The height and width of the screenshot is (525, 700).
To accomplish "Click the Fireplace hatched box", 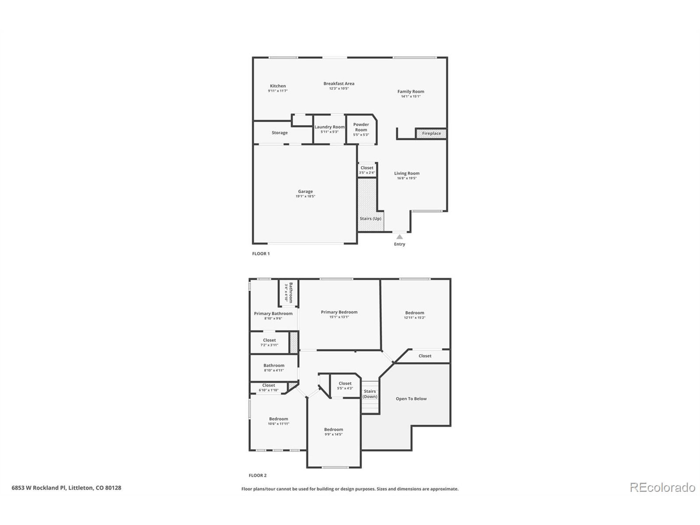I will [431, 133].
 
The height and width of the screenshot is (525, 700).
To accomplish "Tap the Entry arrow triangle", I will [400, 237].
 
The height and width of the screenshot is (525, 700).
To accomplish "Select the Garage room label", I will [305, 191].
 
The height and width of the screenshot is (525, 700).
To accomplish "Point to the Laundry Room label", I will [329, 127].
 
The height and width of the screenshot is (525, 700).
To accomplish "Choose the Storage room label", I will [279, 133].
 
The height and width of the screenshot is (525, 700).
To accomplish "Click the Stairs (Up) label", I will [370, 219].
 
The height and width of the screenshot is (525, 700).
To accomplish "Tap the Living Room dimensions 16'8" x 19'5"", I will [407, 178].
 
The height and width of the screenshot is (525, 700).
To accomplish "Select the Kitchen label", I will [278, 86].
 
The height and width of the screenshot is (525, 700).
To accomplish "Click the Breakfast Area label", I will [339, 84].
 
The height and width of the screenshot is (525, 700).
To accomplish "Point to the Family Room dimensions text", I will [410, 97].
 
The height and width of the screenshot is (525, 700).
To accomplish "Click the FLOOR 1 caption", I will [261, 253].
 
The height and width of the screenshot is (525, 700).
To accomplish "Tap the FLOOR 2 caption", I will [258, 475].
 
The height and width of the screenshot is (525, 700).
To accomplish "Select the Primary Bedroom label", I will [339, 312].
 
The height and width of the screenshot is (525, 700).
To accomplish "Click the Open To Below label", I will [411, 399].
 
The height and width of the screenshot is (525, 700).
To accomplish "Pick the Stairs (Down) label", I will [370, 394].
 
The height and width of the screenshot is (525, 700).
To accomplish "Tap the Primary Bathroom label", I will [273, 314].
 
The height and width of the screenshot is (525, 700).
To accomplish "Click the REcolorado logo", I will [662, 487].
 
